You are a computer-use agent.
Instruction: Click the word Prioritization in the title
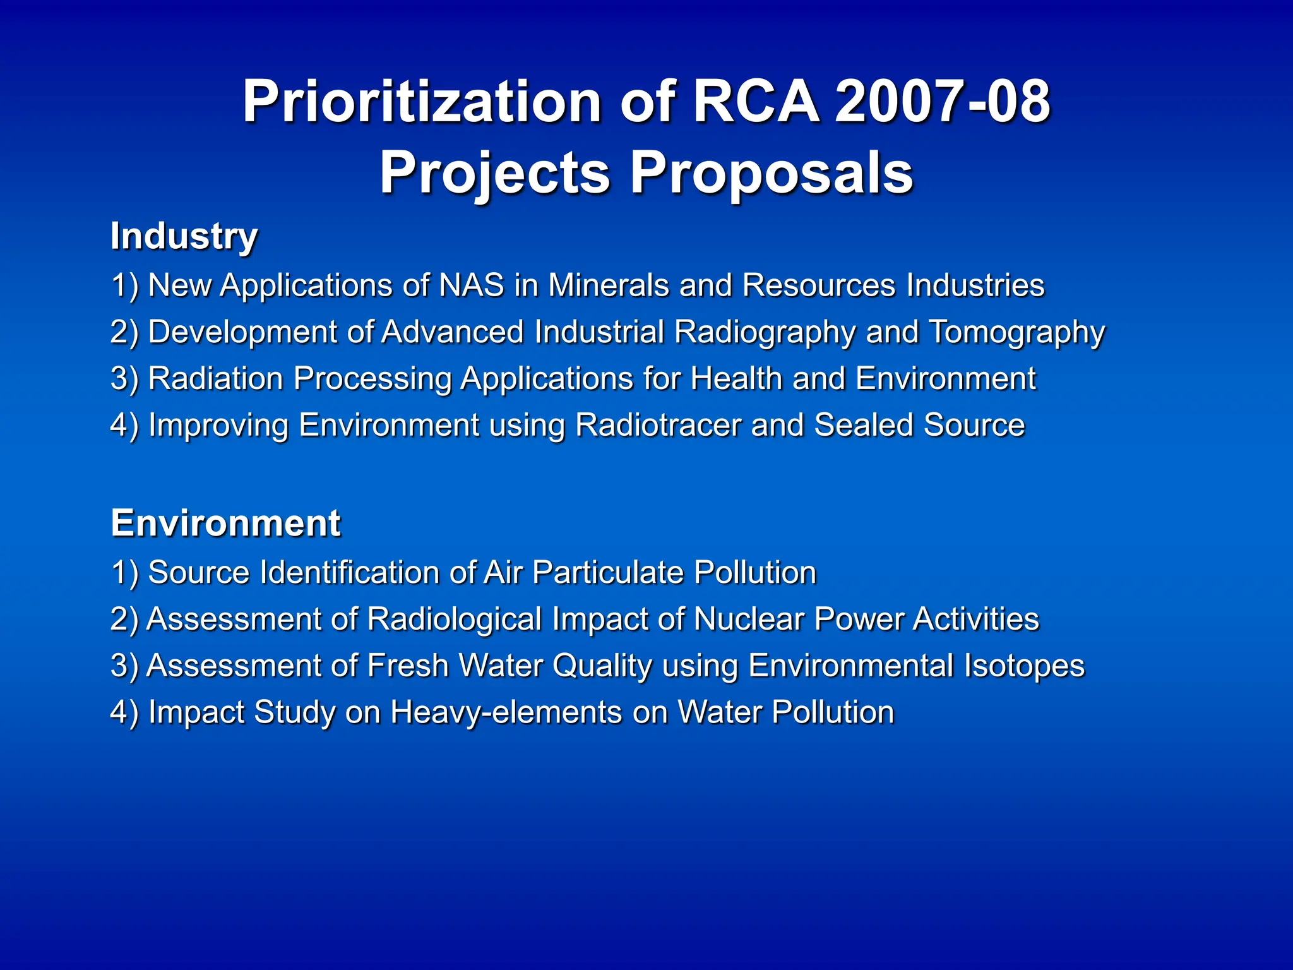tap(422, 102)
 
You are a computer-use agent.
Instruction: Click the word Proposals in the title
tap(772, 173)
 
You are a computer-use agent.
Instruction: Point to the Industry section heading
tap(184, 237)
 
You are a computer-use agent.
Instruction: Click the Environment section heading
tap(225, 524)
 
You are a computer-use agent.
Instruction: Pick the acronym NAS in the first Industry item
tap(472, 285)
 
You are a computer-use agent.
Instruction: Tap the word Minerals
tap(608, 285)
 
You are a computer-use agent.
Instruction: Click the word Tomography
tap(1017, 333)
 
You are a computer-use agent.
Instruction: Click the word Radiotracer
tap(658, 425)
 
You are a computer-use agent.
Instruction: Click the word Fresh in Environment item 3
tap(407, 666)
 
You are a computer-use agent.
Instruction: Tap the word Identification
tap(349, 573)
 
